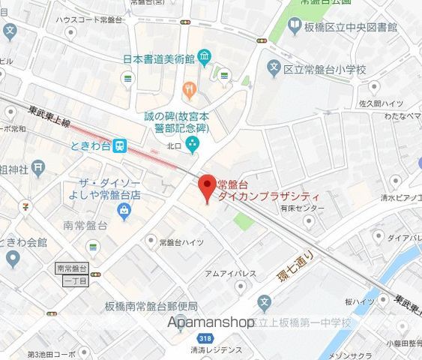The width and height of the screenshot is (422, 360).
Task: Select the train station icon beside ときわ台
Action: click(x=120, y=146)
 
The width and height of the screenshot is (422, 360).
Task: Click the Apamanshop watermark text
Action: click(x=212, y=322)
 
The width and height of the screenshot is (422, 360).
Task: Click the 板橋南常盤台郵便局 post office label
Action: click(x=151, y=307)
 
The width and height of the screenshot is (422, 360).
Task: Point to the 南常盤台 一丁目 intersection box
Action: click(x=73, y=274)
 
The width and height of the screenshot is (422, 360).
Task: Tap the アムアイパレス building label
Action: click(x=230, y=274)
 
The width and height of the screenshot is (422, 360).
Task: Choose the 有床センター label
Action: click(x=304, y=208)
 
